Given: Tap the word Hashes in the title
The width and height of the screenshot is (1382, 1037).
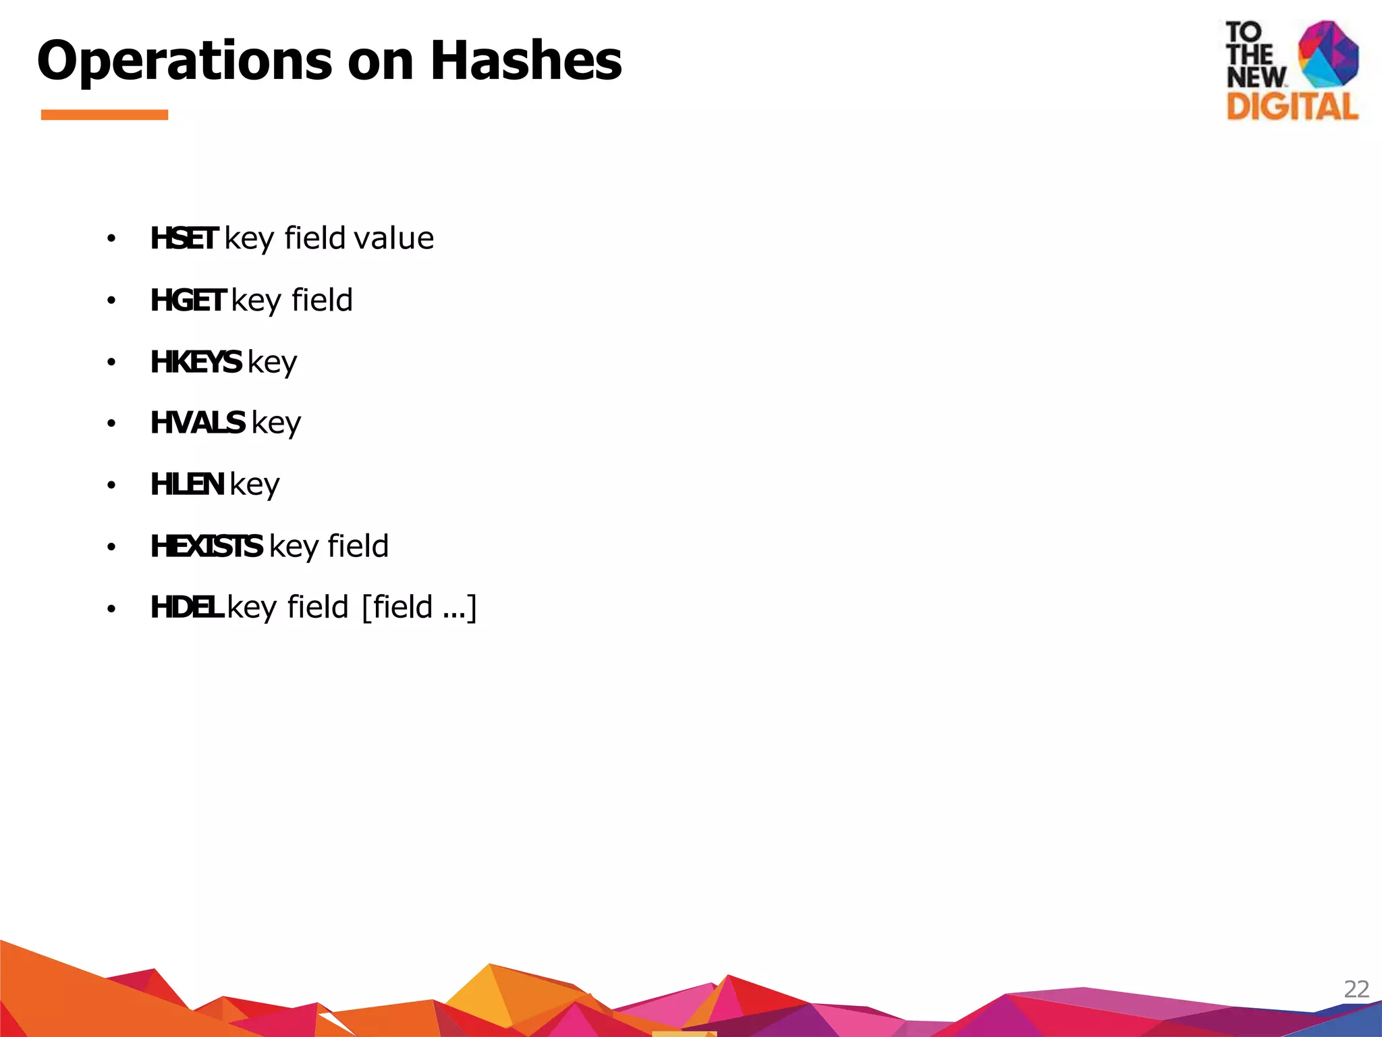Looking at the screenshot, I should (x=526, y=61).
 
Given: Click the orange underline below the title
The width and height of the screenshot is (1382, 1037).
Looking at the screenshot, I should (x=105, y=115).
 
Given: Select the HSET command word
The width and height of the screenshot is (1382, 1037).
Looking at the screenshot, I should (x=184, y=238).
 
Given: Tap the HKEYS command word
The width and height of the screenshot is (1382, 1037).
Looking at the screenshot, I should (x=196, y=362).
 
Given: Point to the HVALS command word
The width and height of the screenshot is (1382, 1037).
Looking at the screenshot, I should (x=197, y=423).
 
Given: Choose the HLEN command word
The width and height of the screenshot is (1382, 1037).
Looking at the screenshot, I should (x=187, y=485).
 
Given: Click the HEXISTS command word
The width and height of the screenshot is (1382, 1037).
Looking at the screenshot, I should (x=206, y=546).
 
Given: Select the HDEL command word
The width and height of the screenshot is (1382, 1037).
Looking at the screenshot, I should (x=186, y=607).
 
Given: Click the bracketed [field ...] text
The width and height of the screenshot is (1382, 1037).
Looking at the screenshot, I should (x=419, y=607).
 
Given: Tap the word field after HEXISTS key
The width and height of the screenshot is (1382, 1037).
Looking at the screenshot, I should (x=358, y=546).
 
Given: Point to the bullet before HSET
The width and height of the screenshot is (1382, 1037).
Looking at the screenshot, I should (x=111, y=238).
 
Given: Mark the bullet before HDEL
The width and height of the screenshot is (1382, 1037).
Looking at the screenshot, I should (x=111, y=609).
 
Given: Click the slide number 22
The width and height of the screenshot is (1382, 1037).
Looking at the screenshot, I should (x=1356, y=989).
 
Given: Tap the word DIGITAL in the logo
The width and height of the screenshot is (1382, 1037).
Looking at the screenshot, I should (x=1292, y=106).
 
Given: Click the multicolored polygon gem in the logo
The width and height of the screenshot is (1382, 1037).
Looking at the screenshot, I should (x=1328, y=54).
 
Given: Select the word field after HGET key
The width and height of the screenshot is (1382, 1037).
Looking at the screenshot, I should (x=322, y=300).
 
